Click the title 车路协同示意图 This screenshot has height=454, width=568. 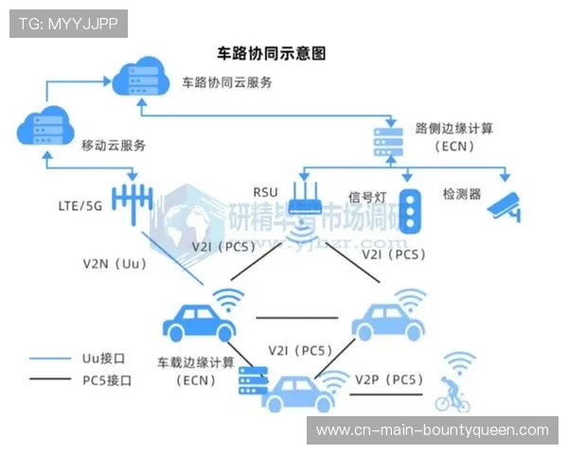272,54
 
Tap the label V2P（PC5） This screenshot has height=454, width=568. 388,379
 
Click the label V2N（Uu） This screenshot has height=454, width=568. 113,264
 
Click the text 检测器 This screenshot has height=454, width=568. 462,194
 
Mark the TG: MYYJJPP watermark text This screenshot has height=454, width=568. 68,24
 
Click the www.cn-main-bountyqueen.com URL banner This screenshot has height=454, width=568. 432,429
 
